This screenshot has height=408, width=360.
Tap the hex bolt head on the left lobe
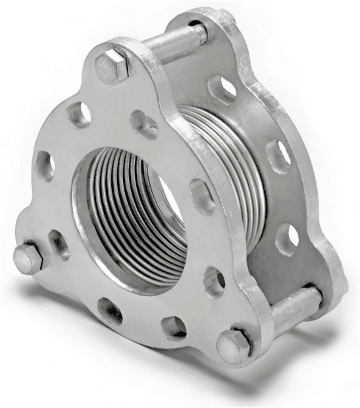coord(27,259)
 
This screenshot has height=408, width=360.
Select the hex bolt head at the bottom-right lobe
coord(234,345)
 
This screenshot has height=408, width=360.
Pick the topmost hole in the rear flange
coord(222,88)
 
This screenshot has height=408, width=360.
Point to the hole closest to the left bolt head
coord(58,244)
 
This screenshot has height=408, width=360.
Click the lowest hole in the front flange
coord(174,326)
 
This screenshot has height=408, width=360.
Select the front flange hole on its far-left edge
coord(45,166)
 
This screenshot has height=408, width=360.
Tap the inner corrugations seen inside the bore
coord(122,217)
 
